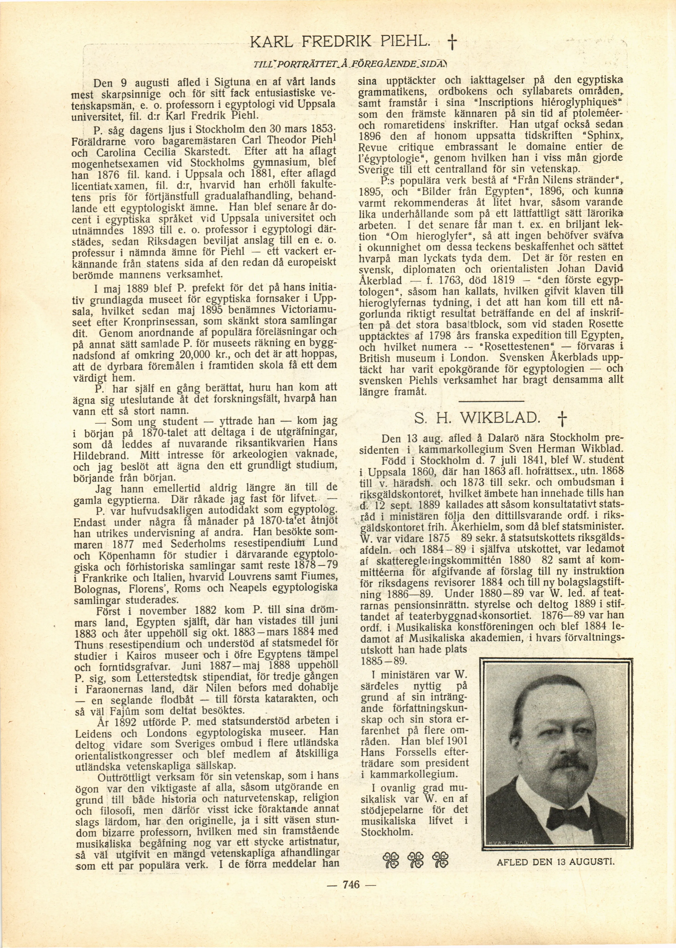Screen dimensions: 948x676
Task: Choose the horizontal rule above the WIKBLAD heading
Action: tap(491, 402)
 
